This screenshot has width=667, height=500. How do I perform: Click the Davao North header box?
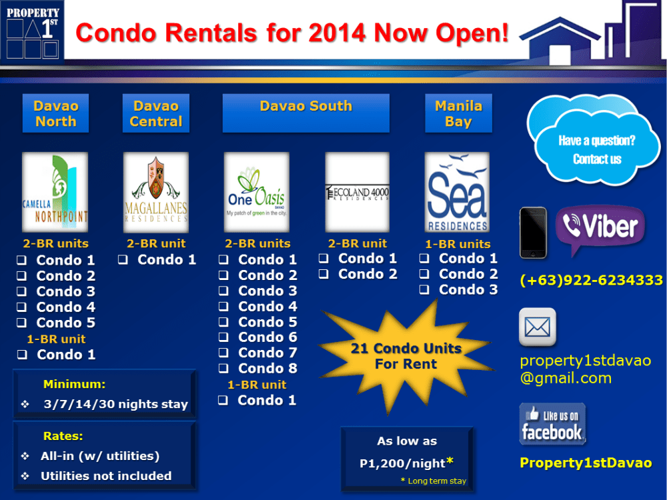(55, 113)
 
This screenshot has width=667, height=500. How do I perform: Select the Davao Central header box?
(155, 113)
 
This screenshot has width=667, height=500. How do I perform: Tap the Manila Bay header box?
(458, 113)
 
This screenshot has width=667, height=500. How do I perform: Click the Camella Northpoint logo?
(55, 191)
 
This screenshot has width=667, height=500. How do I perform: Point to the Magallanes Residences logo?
(155, 191)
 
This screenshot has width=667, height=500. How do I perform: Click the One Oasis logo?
(256, 191)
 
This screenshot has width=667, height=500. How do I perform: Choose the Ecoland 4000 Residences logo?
(358, 191)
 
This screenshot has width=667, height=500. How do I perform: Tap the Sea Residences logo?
(458, 191)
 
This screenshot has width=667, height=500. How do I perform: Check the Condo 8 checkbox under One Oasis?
(224, 369)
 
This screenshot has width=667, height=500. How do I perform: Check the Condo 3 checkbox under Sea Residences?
(424, 290)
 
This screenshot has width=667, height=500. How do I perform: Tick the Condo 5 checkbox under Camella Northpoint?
(22, 323)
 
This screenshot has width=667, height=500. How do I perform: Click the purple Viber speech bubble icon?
(600, 229)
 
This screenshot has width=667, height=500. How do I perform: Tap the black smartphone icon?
(533, 233)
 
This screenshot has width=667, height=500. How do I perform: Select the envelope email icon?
(537, 327)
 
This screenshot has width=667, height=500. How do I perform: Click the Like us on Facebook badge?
(552, 424)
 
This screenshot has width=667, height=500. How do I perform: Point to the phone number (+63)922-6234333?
(591, 281)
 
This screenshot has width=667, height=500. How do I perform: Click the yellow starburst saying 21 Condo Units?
(406, 355)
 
